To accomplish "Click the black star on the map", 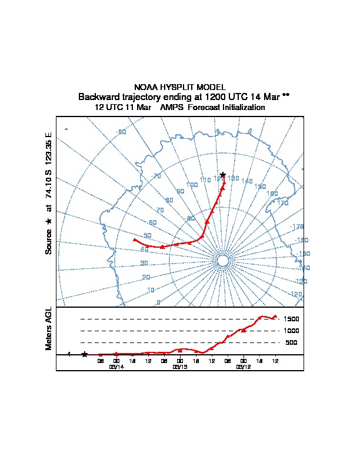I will (223, 175).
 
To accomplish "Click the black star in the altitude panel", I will (85, 354).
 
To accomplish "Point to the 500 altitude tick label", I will (291, 342).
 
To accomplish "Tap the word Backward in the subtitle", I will (99, 96).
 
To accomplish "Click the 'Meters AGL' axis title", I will (49, 328).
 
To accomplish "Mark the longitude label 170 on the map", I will (283, 204).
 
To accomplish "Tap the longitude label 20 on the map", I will (146, 277).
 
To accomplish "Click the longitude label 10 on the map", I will (151, 290).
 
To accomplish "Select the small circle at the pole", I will (223, 261).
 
